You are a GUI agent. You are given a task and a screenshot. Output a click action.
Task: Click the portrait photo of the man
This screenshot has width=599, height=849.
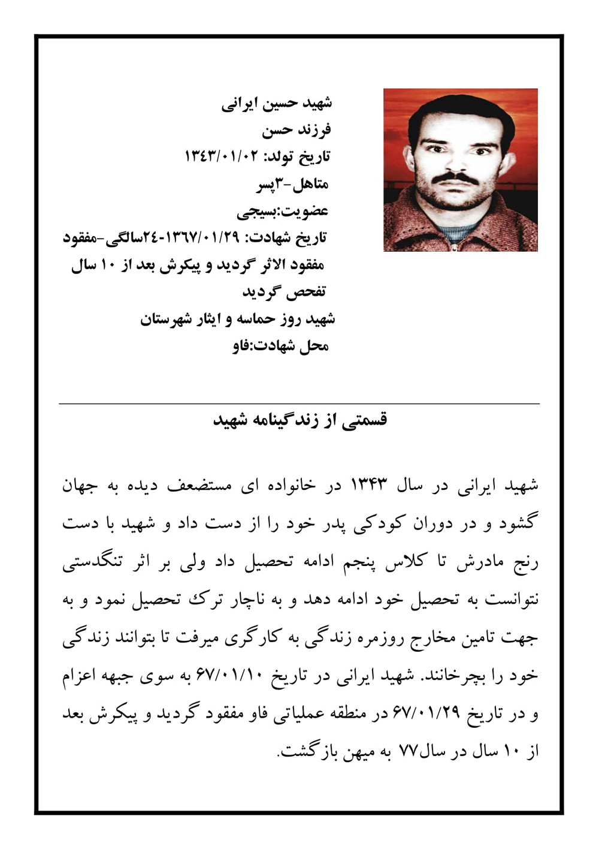pos(460,170)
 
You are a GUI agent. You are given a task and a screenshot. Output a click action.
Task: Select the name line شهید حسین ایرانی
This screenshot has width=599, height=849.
pos(276,103)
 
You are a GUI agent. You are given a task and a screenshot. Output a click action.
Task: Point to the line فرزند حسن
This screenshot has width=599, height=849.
pos(296,130)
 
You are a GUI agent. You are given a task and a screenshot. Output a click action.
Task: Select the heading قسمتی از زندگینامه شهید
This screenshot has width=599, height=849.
pos(300,419)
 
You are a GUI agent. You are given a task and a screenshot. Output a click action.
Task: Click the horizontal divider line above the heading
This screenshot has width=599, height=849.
pos(299,404)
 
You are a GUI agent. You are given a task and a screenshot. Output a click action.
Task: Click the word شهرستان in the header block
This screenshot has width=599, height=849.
pos(165,319)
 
